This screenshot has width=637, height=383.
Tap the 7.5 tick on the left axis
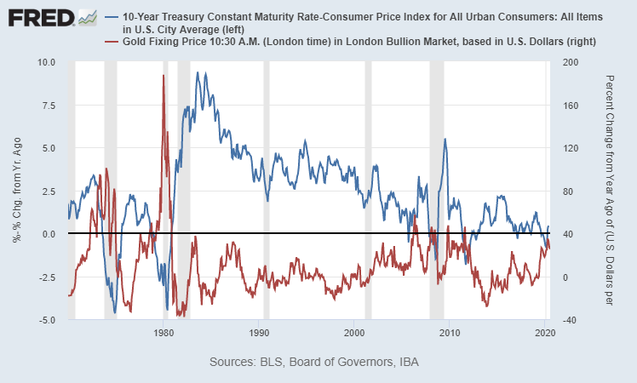48,106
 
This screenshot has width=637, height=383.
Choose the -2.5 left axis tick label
47,277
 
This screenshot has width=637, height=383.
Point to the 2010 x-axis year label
450,333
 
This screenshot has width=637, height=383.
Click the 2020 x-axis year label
545,333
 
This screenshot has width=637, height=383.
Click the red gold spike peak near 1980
163,76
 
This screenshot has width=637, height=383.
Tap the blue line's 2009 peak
445,139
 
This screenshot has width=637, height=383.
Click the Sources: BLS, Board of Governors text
313,363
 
